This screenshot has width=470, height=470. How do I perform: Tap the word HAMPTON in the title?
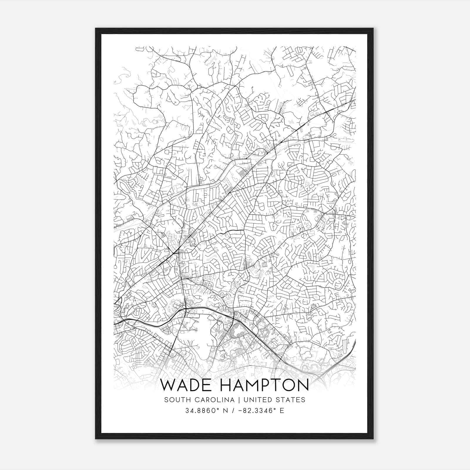pos(264,385)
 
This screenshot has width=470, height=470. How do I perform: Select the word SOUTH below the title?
pos(176,400)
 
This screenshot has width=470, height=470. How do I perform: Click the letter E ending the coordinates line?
pos(282,411)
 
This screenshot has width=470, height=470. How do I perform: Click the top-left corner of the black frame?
pos(96,28)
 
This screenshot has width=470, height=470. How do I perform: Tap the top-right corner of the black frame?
pos(373,28)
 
